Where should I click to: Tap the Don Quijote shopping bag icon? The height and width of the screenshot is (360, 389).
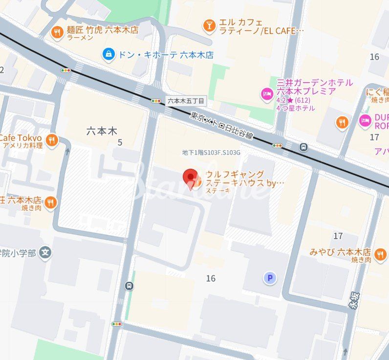click(x=108, y=54)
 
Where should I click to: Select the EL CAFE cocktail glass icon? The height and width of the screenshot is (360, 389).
click(x=209, y=25)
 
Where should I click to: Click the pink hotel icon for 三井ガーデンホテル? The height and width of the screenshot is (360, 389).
click(x=267, y=93)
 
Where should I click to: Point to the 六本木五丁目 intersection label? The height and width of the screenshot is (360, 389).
click(x=186, y=101)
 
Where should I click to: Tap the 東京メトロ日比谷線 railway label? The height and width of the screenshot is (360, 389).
click(x=222, y=126)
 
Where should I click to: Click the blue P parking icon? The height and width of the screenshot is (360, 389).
click(x=269, y=278)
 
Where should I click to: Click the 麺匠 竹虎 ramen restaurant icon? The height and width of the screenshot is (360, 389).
click(x=58, y=33)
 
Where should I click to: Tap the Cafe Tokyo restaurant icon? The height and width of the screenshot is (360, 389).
click(x=52, y=141)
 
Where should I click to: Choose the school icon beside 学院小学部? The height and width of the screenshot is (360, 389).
click(x=46, y=253)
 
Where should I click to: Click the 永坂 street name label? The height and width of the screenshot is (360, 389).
click(x=354, y=300)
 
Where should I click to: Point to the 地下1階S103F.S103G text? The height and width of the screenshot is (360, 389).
click(x=211, y=153)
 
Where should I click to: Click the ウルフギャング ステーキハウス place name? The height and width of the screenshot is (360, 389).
click(x=242, y=179)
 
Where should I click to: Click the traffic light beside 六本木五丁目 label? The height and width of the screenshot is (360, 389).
click(x=156, y=101)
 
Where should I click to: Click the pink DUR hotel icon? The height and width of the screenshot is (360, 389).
click(x=365, y=120)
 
